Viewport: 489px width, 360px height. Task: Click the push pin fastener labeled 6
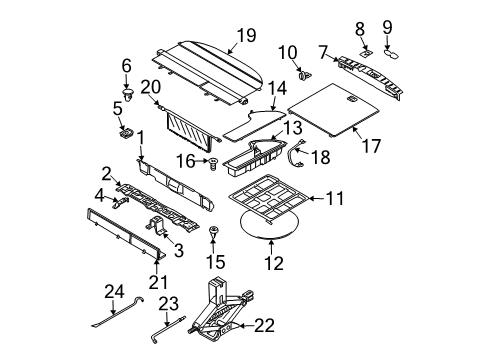[126, 88]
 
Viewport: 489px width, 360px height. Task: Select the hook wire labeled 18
[297, 154]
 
